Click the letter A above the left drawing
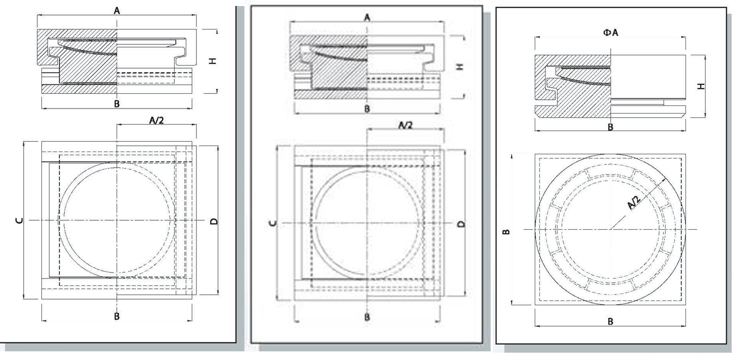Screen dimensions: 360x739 point(117,11)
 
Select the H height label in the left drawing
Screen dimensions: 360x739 point(212,61)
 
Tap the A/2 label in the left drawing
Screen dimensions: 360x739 point(156,120)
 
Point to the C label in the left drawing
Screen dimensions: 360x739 point(19,220)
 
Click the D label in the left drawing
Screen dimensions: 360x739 point(214,221)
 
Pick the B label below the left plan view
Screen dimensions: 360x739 point(117,316)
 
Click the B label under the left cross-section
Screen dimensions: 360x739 point(117,104)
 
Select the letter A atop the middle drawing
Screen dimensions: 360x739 point(367,18)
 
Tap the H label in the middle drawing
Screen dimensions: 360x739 point(460,66)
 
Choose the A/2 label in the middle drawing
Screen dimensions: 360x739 point(405,125)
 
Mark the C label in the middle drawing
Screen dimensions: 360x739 point(273,223)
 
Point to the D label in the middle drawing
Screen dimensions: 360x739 point(461,224)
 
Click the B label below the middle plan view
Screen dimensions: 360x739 point(367,317)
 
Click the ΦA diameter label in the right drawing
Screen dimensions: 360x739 point(611,32)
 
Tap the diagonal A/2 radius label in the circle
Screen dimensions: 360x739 point(634,202)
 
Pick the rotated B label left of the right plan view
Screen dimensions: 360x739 point(507,232)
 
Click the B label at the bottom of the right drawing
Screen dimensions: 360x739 point(610,322)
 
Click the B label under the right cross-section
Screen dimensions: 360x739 point(610,127)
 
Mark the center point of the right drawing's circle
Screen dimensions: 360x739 point(610,229)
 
